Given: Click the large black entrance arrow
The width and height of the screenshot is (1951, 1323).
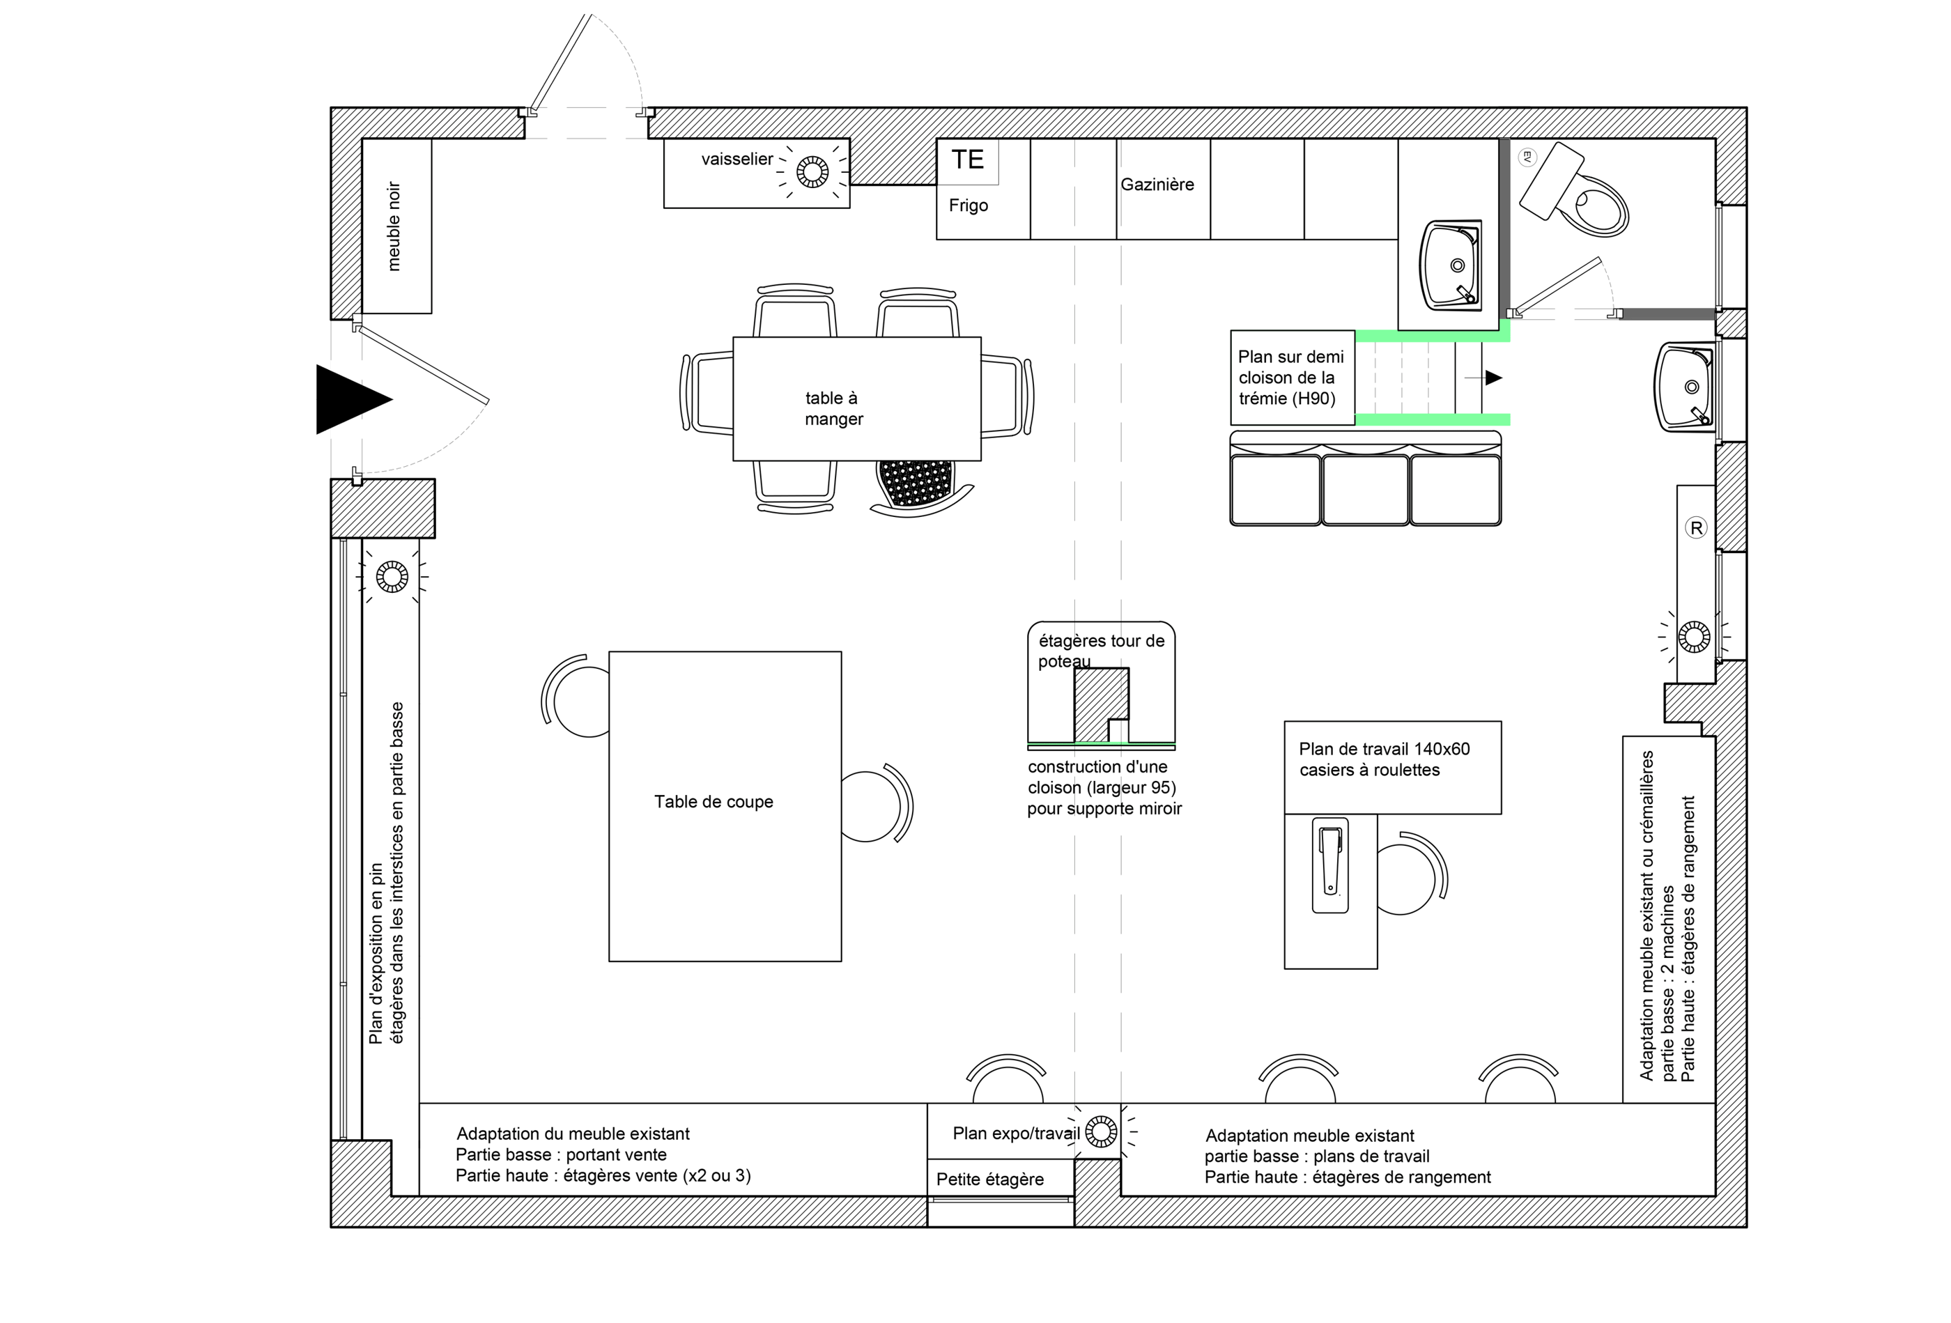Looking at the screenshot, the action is (348, 400).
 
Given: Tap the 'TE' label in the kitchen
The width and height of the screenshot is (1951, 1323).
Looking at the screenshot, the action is (967, 160).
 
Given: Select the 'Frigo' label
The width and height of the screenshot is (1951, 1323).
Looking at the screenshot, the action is (968, 206).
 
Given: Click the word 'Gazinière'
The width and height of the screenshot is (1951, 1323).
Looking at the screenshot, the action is (1157, 185).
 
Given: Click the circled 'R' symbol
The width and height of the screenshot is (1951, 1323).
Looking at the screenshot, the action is (1696, 528).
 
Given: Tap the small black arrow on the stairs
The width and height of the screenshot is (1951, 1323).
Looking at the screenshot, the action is (1493, 378).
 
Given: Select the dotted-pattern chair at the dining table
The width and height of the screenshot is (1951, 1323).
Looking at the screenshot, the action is (917, 485).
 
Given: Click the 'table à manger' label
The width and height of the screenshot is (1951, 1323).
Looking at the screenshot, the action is (833, 409).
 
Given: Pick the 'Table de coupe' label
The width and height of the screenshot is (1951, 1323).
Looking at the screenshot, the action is (714, 802).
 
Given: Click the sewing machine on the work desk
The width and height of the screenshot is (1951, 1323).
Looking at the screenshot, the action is (1329, 865).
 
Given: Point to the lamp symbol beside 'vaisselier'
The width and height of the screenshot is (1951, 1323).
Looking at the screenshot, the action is (812, 172).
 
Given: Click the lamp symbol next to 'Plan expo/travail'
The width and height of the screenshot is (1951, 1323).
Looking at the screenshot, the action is (1102, 1131).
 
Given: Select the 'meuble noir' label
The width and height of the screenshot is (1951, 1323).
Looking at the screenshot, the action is (394, 226).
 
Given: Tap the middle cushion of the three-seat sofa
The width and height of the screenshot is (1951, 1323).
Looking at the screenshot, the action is (1365, 489).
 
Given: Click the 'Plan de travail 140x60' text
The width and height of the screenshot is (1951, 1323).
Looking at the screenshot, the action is (1385, 749).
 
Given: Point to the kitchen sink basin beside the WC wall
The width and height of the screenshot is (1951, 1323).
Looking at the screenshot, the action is (1451, 265).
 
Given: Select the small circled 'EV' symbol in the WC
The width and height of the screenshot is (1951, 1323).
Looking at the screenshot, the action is (1527, 156).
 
